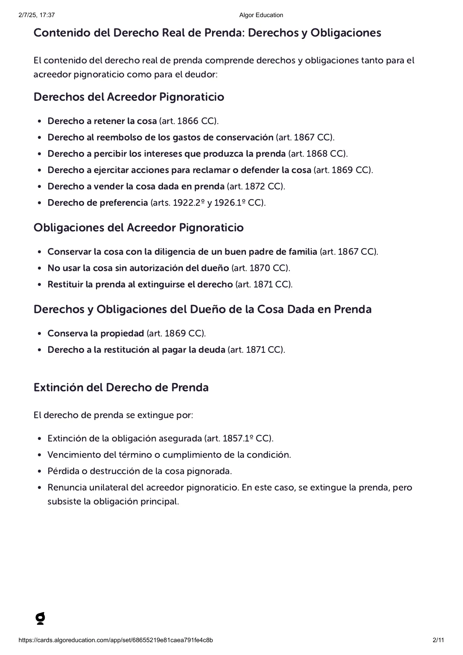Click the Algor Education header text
point(261,15)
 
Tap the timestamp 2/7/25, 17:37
point(37,15)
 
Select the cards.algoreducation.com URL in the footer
point(116,640)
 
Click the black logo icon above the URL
point(40,618)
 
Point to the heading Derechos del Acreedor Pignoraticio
point(129,97)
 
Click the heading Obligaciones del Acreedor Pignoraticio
point(139,228)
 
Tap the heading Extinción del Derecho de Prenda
point(121,387)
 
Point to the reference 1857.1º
point(238,438)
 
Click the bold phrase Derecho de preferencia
point(98,203)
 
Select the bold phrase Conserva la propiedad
point(96,333)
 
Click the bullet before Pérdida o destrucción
point(39,471)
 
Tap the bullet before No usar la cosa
point(39,268)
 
